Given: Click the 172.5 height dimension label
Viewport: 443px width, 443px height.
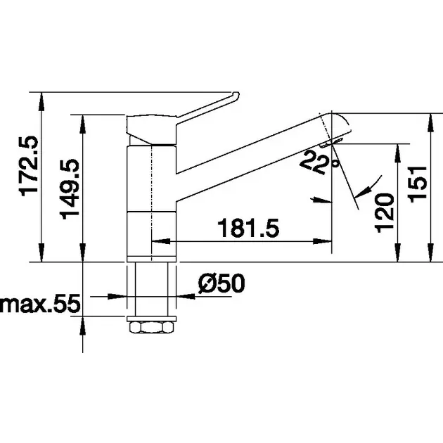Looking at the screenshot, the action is point(28,166).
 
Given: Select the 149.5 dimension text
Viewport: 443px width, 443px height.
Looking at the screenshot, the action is point(70,189).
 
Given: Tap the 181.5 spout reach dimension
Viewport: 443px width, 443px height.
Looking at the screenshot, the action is point(248,228).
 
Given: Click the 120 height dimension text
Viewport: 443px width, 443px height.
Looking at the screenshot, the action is point(384,213).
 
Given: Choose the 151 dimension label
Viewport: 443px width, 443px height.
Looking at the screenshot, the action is point(418,184).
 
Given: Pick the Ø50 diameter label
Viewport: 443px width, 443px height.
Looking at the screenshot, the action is point(222,283).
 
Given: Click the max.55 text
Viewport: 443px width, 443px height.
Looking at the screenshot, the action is point(40,304).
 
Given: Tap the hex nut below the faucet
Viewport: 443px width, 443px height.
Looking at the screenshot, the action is point(151,327).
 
